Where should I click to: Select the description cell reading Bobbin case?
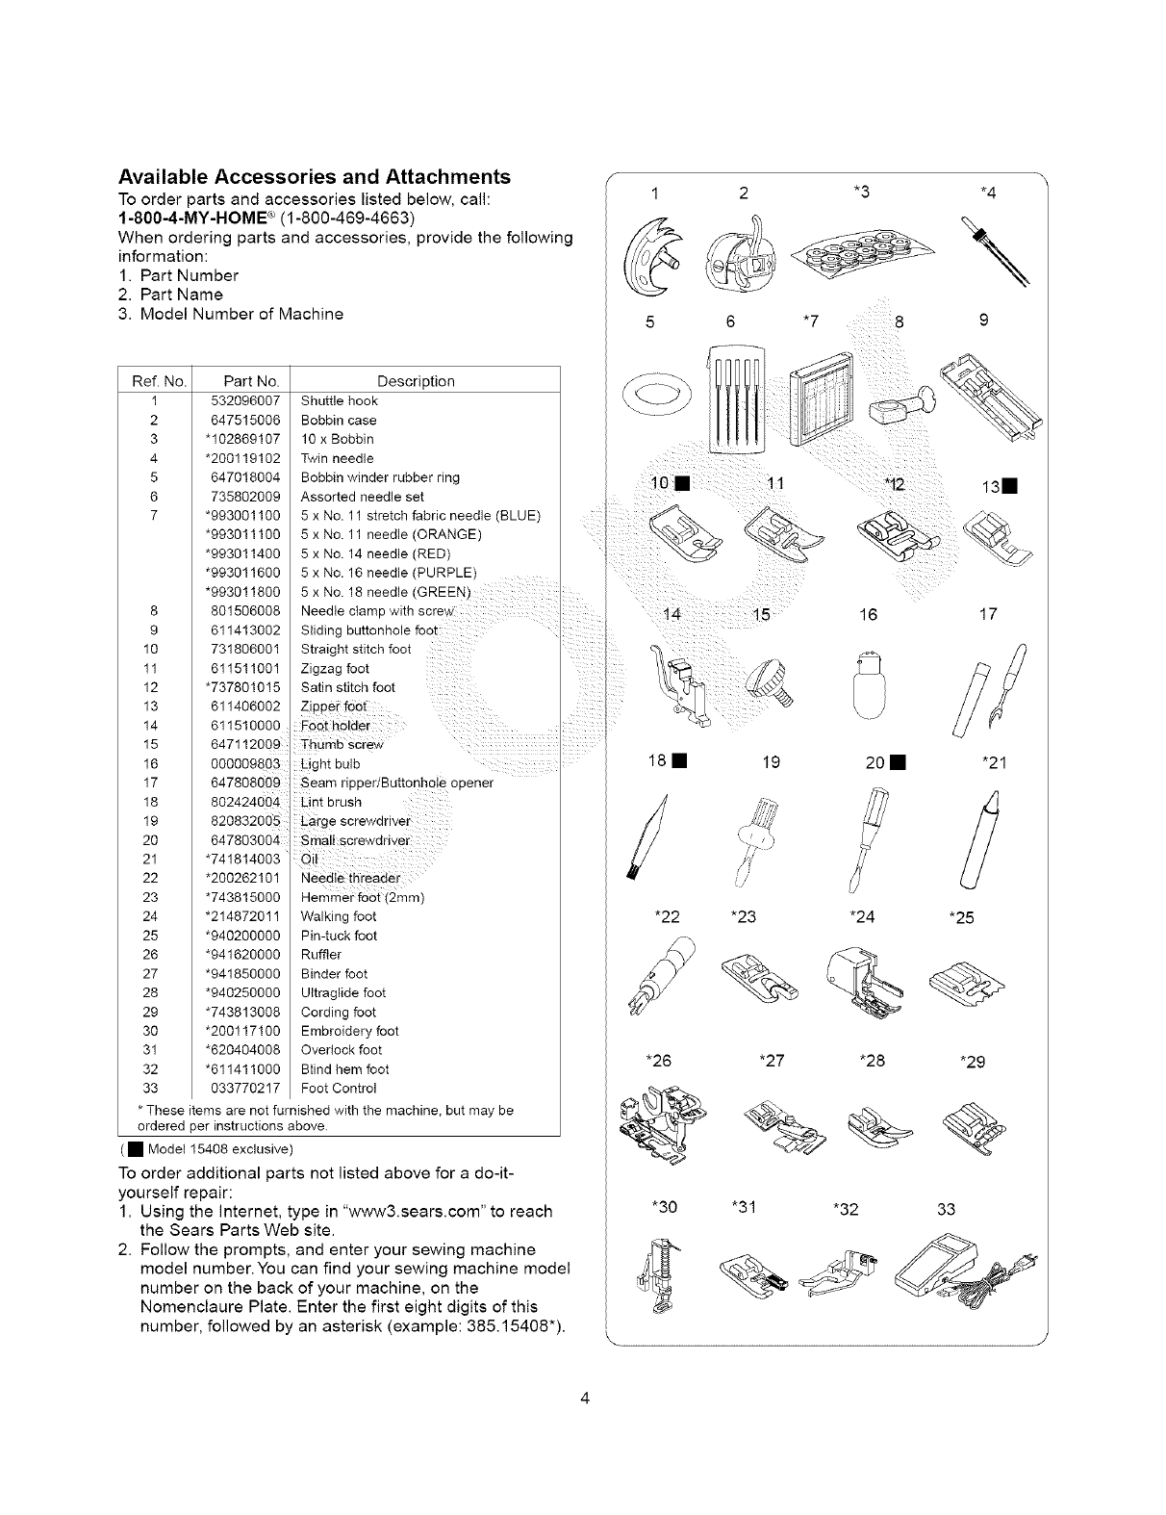click(339, 421)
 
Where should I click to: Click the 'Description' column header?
click(416, 381)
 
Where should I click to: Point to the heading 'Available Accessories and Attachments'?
click(314, 177)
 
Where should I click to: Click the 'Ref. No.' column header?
click(154, 381)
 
